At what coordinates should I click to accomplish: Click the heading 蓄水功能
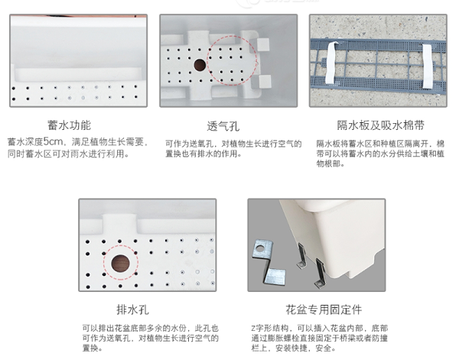click(70, 125)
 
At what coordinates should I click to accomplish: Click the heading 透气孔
click(223, 126)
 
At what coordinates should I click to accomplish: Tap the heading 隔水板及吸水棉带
click(380, 125)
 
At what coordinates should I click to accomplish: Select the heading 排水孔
click(132, 310)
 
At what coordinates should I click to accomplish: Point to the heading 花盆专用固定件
click(324, 310)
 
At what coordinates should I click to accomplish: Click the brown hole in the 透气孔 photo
click(200, 65)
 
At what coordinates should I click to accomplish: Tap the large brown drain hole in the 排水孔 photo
click(120, 263)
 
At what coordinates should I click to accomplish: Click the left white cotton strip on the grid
click(331, 63)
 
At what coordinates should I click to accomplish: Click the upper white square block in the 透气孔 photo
click(263, 44)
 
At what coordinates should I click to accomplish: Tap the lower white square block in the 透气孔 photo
click(265, 81)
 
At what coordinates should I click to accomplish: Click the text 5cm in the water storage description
click(54, 142)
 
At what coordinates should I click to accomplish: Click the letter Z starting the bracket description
click(253, 329)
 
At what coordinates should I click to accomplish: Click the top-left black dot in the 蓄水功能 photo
click(14, 89)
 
